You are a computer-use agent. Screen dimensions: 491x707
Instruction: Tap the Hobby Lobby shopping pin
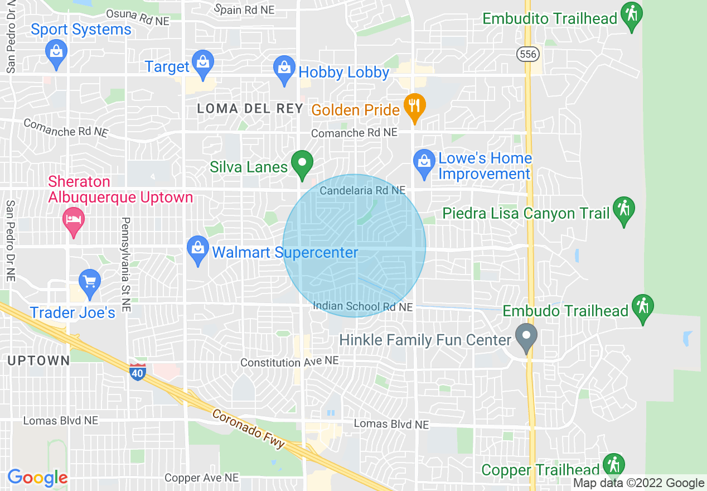click(284, 69)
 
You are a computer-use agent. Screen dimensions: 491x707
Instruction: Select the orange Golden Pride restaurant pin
click(414, 107)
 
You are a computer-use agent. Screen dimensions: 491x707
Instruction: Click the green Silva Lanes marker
click(302, 165)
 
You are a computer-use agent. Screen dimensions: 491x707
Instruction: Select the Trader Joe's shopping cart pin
click(89, 282)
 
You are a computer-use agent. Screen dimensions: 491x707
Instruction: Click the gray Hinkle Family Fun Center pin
click(526, 337)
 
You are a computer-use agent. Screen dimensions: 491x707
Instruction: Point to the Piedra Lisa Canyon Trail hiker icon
click(623, 210)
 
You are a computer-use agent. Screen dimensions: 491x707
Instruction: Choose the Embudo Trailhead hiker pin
click(643, 308)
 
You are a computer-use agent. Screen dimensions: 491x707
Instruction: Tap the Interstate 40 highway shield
click(137, 371)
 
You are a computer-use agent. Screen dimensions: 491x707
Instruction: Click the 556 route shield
click(527, 54)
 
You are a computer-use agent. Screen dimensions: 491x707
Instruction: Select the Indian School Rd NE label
click(362, 307)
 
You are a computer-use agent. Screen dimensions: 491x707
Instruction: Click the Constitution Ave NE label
click(289, 362)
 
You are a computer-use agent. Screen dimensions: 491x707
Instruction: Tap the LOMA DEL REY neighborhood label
click(250, 109)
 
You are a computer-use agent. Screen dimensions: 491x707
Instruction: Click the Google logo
click(37, 478)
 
